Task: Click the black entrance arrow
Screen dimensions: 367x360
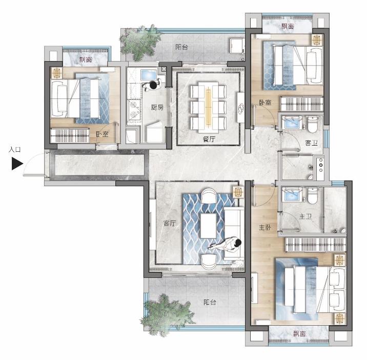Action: click(x=17, y=164)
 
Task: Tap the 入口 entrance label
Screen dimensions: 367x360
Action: click(x=14, y=150)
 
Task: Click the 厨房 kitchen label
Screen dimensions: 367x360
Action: click(x=157, y=108)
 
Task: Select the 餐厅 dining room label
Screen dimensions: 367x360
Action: click(x=209, y=139)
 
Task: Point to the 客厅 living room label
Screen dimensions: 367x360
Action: click(x=170, y=223)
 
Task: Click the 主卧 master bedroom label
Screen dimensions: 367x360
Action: click(x=264, y=227)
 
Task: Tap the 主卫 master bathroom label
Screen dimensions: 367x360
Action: click(x=305, y=216)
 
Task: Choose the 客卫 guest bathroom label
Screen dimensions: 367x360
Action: click(x=311, y=143)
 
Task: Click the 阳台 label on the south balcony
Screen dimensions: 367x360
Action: click(x=210, y=303)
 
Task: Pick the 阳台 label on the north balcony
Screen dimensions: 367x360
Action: click(x=181, y=47)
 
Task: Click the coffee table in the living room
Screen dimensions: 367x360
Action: click(x=208, y=226)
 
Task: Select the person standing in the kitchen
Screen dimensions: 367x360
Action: click(x=152, y=85)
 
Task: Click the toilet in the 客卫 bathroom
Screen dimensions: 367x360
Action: click(x=312, y=125)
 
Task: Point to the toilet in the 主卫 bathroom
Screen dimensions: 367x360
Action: click(x=313, y=196)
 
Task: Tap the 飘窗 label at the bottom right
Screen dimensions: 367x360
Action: click(x=299, y=333)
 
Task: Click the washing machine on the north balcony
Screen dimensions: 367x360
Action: click(x=237, y=46)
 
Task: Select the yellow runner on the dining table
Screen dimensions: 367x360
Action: click(x=208, y=107)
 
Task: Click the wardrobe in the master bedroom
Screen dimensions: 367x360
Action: click(x=316, y=245)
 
